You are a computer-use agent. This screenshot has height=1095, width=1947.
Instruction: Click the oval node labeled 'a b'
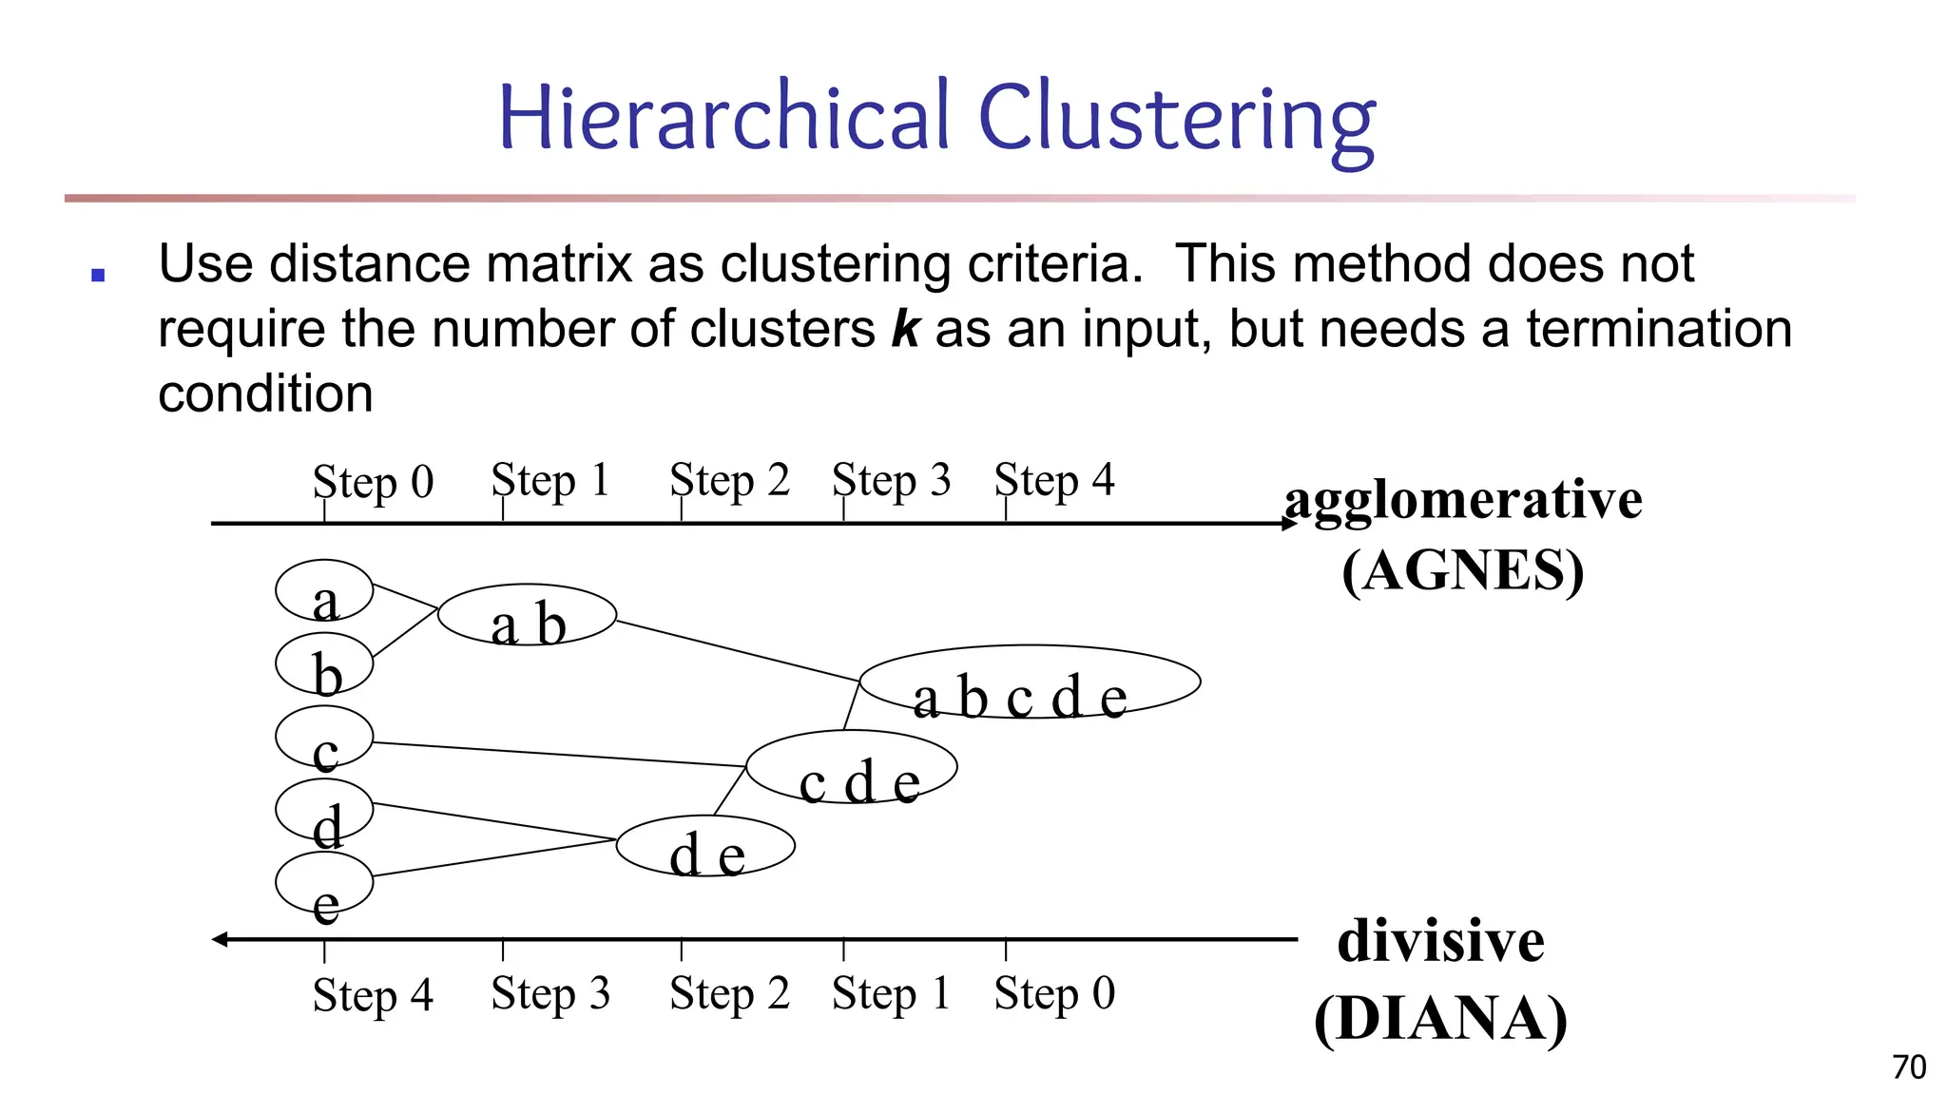pyautogui.click(x=527, y=615)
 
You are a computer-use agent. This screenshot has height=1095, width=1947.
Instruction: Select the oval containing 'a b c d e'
pyautogui.click(x=1030, y=682)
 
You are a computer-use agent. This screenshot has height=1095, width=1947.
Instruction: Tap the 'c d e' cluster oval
pyautogui.click(x=852, y=766)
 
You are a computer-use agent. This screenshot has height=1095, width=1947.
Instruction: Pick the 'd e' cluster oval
pyautogui.click(x=705, y=846)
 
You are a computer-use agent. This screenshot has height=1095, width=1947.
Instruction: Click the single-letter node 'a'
pyautogui.click(x=324, y=591)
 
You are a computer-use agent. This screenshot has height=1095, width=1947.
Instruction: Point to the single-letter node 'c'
pyautogui.click(x=324, y=737)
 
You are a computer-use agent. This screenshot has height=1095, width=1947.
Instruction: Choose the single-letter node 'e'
pyautogui.click(x=324, y=883)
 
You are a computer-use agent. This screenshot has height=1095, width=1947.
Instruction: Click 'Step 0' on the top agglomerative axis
pyautogui.click(x=373, y=482)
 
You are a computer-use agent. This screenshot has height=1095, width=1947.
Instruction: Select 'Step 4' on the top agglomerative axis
pyautogui.click(x=1054, y=480)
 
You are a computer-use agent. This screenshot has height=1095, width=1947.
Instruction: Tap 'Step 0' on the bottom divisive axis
pyautogui.click(x=1054, y=994)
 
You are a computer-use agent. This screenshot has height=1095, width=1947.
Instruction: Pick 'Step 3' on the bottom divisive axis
pyautogui.click(x=550, y=994)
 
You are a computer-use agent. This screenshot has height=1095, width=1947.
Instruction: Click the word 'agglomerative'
pyautogui.click(x=1463, y=501)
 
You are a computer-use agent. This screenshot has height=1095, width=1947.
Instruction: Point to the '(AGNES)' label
pyautogui.click(x=1463, y=570)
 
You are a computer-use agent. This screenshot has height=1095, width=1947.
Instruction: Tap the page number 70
pyautogui.click(x=1909, y=1067)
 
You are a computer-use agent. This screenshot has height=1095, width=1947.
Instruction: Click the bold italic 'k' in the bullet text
pyautogui.click(x=905, y=329)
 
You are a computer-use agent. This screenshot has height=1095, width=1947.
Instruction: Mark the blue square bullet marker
pyautogui.click(x=97, y=276)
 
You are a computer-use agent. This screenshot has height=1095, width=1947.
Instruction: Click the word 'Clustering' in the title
pyautogui.click(x=1176, y=118)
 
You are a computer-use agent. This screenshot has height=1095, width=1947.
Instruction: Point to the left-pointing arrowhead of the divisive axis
pyautogui.click(x=220, y=939)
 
